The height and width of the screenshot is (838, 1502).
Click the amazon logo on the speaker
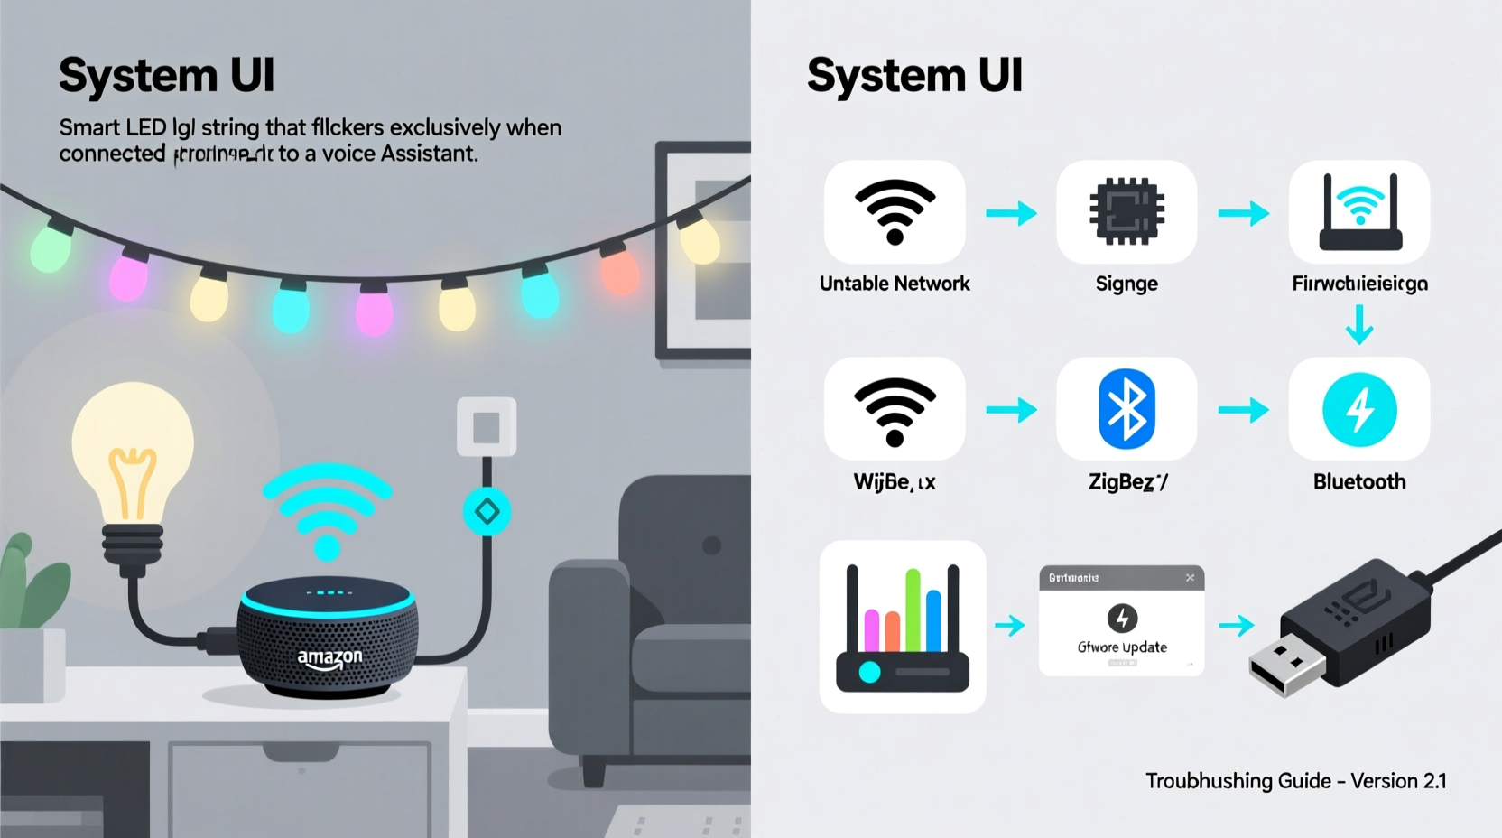329,658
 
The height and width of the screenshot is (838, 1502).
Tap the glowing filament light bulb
133,452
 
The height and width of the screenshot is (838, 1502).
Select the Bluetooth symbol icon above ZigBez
1126,410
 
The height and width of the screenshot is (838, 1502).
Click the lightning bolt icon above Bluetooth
1359,410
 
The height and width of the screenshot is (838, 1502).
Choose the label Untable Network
895,284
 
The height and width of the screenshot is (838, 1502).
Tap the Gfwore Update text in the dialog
1122,647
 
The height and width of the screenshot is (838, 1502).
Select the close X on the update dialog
1190,578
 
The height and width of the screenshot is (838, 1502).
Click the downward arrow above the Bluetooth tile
1359,324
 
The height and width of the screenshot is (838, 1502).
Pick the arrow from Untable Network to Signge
1011,214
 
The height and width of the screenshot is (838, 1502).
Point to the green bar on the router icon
913,610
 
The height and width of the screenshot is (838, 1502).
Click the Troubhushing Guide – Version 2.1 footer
1295,781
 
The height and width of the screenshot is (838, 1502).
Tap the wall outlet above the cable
487,427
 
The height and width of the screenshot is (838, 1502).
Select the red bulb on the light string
620,271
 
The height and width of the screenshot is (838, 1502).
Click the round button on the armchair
712,545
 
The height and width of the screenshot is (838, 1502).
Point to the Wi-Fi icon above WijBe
895,411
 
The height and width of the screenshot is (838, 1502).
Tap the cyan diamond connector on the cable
487,512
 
